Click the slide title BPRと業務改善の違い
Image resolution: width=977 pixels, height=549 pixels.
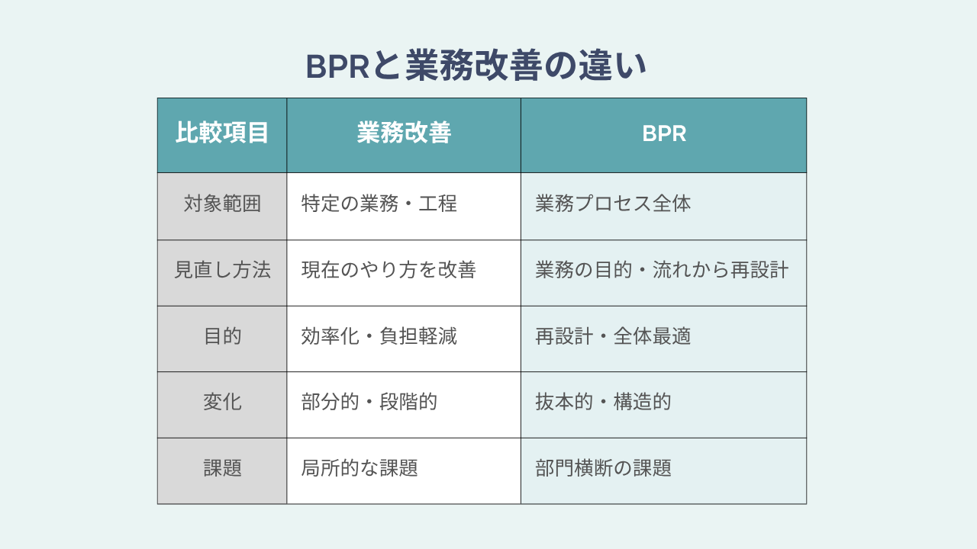[x=476, y=66]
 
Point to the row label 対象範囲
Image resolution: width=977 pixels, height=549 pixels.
[x=222, y=204]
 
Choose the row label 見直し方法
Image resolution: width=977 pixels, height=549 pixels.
[x=222, y=270]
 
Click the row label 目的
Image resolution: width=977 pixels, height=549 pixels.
[x=222, y=336]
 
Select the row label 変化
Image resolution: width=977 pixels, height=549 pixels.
[x=222, y=402]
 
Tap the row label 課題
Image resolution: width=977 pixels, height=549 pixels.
[x=222, y=468]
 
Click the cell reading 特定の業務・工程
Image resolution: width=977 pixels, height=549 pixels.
[x=379, y=204]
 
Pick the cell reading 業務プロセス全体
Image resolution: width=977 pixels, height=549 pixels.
[x=613, y=204]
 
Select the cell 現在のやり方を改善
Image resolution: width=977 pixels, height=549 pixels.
[x=389, y=270]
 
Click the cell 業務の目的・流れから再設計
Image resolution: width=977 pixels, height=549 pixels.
[x=662, y=270]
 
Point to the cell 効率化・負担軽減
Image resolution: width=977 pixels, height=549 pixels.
[x=379, y=336]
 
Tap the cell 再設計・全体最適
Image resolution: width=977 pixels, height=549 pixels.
[x=613, y=336]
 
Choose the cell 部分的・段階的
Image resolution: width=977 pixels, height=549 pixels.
[x=369, y=402]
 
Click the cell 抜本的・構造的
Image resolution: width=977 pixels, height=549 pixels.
[x=603, y=402]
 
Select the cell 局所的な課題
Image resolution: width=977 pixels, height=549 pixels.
[x=360, y=468]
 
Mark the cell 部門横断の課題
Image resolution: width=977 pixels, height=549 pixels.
[x=603, y=468]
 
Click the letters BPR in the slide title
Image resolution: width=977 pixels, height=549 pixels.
[x=338, y=66]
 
